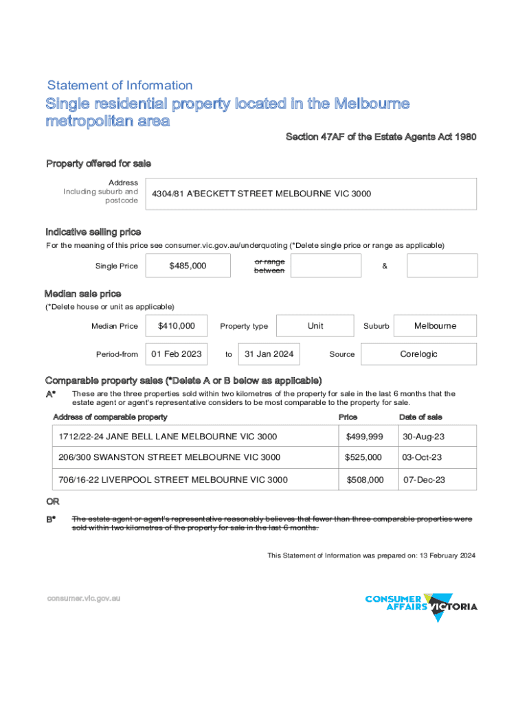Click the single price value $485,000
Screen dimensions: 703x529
click(188, 266)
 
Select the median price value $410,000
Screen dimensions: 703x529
click(177, 325)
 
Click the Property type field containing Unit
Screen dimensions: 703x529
click(315, 325)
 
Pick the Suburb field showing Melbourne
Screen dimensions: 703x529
click(435, 325)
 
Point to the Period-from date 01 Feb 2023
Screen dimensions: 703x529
click(177, 354)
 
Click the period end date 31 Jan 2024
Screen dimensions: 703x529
click(269, 354)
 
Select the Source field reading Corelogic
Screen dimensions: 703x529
click(418, 354)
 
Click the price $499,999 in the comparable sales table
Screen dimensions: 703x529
click(364, 437)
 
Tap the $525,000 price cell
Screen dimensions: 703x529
click(364, 457)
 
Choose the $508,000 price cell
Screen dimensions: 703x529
click(365, 479)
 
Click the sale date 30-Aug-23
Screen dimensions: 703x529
click(422, 437)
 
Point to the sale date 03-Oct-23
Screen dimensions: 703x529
click(422, 457)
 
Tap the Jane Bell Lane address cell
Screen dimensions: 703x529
click(168, 437)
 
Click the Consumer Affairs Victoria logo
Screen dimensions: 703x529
click(421, 606)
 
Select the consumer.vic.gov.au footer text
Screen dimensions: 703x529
click(84, 598)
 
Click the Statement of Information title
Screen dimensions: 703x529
click(120, 85)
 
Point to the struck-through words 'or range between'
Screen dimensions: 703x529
click(269, 266)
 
